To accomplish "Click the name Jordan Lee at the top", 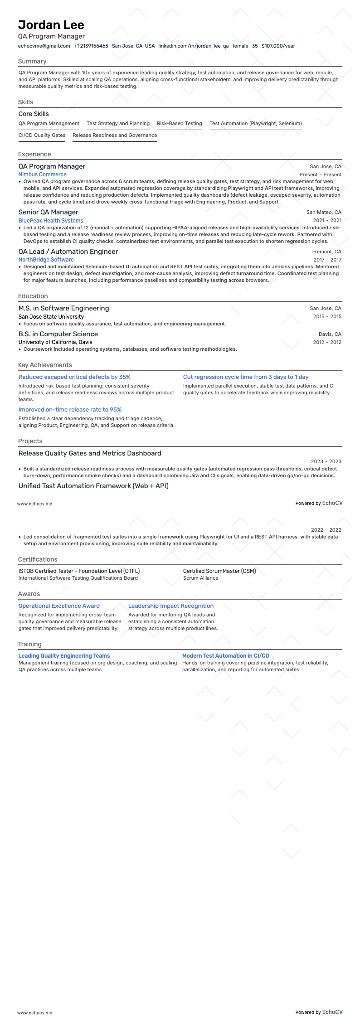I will click(51, 25).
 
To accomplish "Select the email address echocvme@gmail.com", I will click(44, 46).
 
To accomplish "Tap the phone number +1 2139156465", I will click(91, 46).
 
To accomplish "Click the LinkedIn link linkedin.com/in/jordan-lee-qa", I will click(193, 46).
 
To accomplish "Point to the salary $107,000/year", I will click(278, 46).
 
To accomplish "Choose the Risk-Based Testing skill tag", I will click(180, 123).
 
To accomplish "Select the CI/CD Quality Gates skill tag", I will click(42, 135).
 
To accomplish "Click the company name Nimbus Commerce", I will click(43, 175).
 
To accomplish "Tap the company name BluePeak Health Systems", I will click(51, 221).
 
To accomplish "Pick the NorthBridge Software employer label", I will click(46, 260).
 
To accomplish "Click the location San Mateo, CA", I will click(324, 212).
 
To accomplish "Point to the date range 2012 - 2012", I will click(327, 342).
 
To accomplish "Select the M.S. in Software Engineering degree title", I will click(63, 308).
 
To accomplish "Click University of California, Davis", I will click(55, 342).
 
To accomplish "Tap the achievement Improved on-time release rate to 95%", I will click(70, 410).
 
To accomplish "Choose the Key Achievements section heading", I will click(45, 365).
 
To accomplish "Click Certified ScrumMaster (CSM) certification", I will click(219, 571).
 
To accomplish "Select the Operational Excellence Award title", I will click(59, 606).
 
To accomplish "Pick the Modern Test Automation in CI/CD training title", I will click(225, 656).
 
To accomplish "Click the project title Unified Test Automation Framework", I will click(93, 486).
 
